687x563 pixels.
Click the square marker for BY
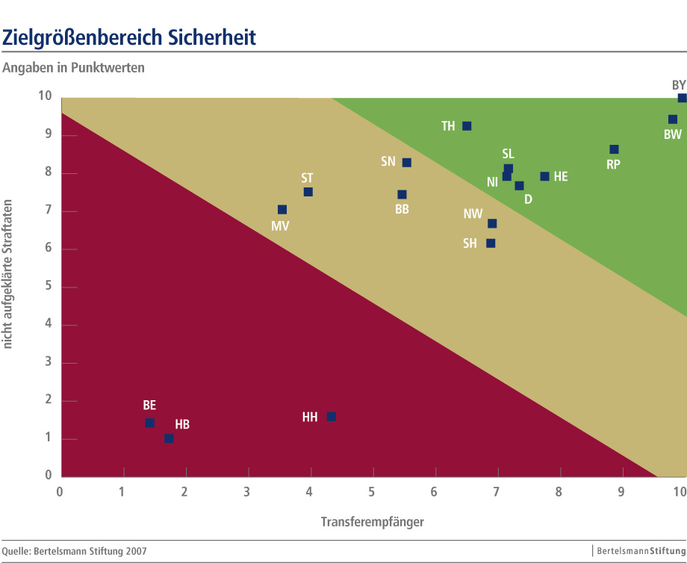pos(682,98)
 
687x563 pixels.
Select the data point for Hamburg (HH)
pos(331,416)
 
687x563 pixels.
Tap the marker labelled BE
pos(149,423)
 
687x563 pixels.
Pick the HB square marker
pos(169,438)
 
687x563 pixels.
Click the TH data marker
pos(467,125)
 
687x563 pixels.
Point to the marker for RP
pos(614,149)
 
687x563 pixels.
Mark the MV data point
pos(282,210)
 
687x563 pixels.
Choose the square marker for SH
pos(491,243)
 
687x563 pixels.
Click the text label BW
pos(673,135)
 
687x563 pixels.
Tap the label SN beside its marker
pos(388,161)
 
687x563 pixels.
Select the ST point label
pos(307,178)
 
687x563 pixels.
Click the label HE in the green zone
pos(561,177)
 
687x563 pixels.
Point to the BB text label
pos(402,210)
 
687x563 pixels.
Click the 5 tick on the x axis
pos(371,491)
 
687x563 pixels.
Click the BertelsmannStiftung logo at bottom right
pos(639,551)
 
